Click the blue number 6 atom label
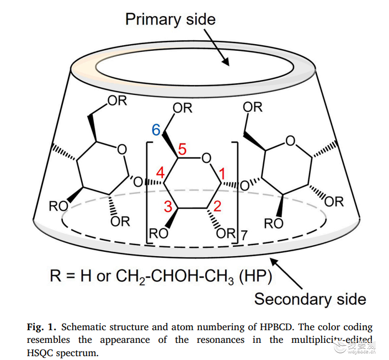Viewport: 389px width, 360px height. (x=156, y=130)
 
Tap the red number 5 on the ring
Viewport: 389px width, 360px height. (x=182, y=149)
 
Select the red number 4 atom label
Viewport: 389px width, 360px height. (x=160, y=172)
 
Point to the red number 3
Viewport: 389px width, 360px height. (x=168, y=207)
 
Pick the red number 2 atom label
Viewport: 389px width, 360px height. (x=217, y=206)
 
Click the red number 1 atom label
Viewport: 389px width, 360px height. (x=222, y=173)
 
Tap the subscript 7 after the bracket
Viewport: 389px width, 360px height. (x=244, y=235)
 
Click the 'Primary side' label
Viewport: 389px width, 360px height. (x=170, y=19)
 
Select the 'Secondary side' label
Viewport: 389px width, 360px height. (x=310, y=299)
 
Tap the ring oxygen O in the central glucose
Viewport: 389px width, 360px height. (x=206, y=158)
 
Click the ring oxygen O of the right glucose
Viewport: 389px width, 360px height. (x=291, y=141)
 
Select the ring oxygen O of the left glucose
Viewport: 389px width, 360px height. (x=122, y=150)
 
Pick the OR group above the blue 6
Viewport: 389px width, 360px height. (x=183, y=108)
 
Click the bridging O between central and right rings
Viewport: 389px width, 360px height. (x=245, y=186)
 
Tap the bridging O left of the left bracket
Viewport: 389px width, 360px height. (x=138, y=182)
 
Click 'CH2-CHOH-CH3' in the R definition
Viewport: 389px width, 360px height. (x=175, y=276)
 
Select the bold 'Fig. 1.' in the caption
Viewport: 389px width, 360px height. (x=42, y=327)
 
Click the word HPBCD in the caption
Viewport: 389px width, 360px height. (x=277, y=327)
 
